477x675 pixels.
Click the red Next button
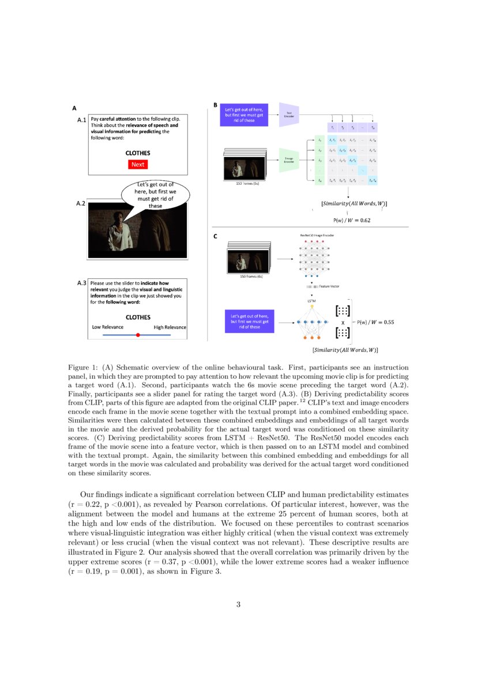pyautogui.click(x=138, y=164)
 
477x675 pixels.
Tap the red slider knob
pyautogui.click(x=138, y=335)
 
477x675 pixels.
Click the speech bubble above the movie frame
pyautogui.click(x=155, y=195)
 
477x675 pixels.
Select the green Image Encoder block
pyautogui.click(x=288, y=161)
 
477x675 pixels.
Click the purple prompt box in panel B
pyautogui.click(x=244, y=114)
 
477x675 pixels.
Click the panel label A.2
pyautogui.click(x=81, y=204)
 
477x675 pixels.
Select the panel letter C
pyautogui.click(x=215, y=236)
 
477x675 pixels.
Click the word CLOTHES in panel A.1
pyautogui.click(x=138, y=153)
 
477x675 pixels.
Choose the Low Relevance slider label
pyautogui.click(x=108, y=327)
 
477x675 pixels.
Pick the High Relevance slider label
pyautogui.click(x=170, y=327)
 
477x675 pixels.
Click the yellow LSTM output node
pyautogui.click(x=312, y=306)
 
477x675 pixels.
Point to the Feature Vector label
pyautogui.click(x=329, y=287)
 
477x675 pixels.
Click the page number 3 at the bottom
pyautogui.click(x=238, y=605)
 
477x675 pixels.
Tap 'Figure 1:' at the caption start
pyautogui.click(x=83, y=368)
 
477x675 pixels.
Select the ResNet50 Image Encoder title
pyautogui.click(x=317, y=236)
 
